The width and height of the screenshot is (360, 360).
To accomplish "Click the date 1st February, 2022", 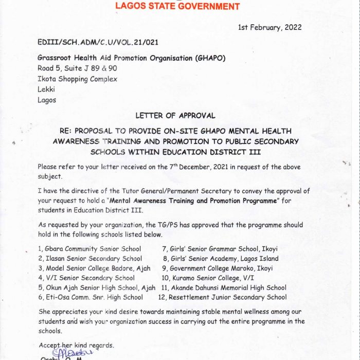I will pos(269,27).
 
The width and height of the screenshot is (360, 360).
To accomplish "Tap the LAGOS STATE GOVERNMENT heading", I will pos(177,7).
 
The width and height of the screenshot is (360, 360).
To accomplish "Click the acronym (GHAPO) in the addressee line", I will pos(206,59).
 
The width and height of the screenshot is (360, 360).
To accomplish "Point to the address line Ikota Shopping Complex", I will pos(77,79).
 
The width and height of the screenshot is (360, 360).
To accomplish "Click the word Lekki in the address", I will pos(46,89).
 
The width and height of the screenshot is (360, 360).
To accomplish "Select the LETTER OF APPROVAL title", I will pos(175,116).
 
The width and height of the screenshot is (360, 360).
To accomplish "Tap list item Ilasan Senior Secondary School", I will pos(90,259).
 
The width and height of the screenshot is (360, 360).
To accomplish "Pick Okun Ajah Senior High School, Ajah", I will pos(97,288).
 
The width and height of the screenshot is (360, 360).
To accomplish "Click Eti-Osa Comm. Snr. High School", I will pos(91,297).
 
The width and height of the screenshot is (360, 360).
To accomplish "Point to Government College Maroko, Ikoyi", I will pos(217,268).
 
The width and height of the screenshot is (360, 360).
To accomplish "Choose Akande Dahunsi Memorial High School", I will pos(223,288).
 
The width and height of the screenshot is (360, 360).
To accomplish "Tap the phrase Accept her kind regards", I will pos(77,345).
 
